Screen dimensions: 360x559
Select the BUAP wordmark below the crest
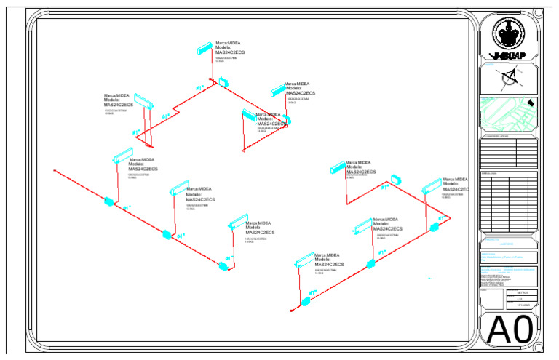pyautogui.click(x=510, y=56)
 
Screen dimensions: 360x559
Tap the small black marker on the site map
pyautogui.click(x=531, y=103)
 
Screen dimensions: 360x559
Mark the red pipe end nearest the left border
pyautogui.click(x=55, y=171)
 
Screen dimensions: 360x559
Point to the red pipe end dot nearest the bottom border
pyautogui.click(x=290, y=311)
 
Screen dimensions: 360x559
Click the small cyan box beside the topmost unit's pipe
pyautogui.click(x=223, y=81)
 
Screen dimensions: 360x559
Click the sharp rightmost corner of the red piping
pyautogui.click(x=451, y=217)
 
